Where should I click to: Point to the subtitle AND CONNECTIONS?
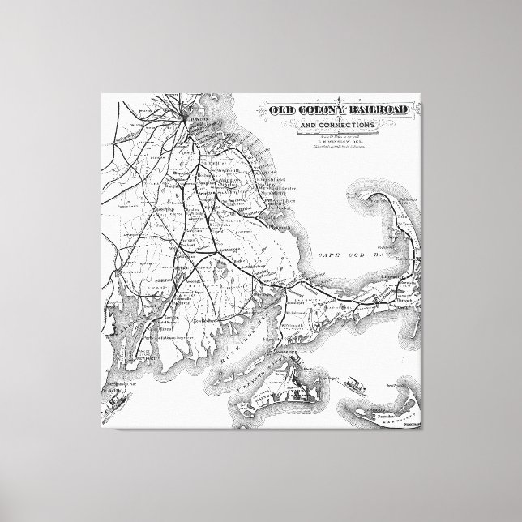click(336, 126)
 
